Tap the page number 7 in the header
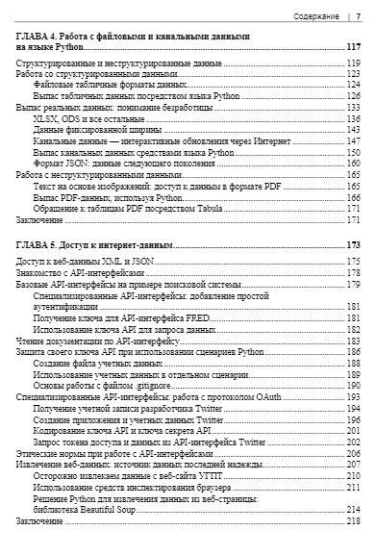point(359,16)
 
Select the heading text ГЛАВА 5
point(41,245)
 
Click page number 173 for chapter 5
point(353,245)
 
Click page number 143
point(354,129)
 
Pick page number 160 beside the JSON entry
point(354,163)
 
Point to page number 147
point(354,140)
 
